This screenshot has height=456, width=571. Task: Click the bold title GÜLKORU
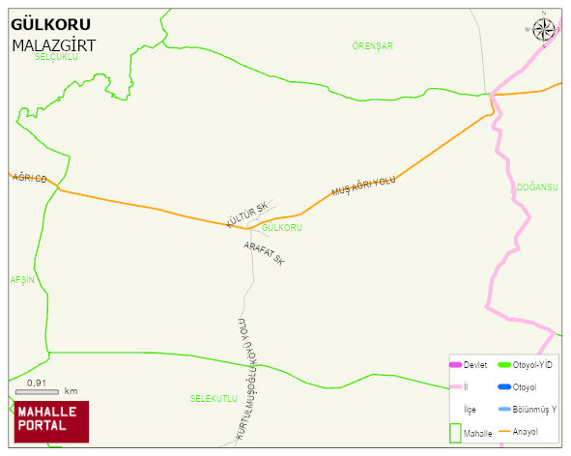coord(50,25)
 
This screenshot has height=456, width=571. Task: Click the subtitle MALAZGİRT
coord(53,45)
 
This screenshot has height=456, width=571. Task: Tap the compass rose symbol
coord(544,29)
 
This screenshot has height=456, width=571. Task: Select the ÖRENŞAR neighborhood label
coord(373,45)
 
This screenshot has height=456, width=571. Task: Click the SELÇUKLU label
coord(55,58)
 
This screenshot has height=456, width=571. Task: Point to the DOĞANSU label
coord(537,187)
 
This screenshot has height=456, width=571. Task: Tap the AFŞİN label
coord(21,279)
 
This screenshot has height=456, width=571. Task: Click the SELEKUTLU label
coord(214,398)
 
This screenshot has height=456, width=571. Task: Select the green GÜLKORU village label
coord(282,228)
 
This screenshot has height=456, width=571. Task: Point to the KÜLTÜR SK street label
coord(245,215)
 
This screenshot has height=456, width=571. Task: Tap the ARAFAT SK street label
coord(264,253)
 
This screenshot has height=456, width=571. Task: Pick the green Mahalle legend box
coord(456,432)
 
